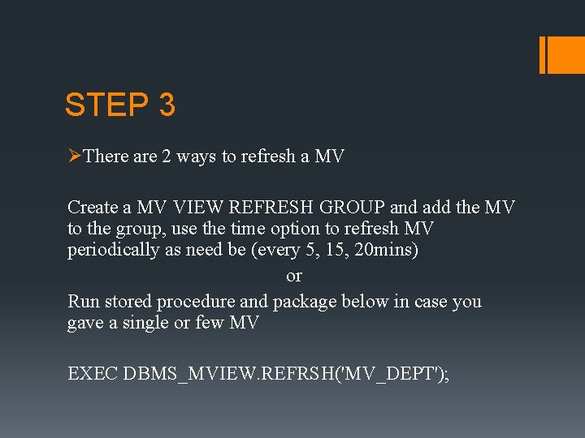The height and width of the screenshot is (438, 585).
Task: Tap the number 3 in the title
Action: (x=167, y=105)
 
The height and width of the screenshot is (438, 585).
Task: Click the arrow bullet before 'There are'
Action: (x=74, y=156)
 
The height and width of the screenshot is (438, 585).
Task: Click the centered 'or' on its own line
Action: (x=294, y=276)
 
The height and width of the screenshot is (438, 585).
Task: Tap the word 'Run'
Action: (x=83, y=302)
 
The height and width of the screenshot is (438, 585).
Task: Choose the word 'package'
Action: (x=304, y=302)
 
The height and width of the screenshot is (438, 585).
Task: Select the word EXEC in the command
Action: (x=93, y=374)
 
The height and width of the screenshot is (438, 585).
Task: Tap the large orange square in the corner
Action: (x=567, y=55)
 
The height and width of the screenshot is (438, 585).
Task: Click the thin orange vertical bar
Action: (x=543, y=55)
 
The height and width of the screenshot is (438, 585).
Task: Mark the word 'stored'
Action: (x=128, y=302)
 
